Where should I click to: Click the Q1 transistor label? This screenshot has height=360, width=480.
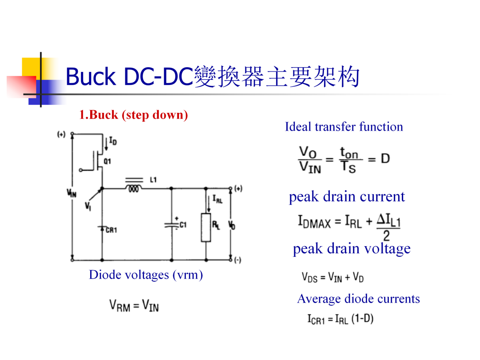107,161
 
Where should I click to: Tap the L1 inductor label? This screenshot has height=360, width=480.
153,180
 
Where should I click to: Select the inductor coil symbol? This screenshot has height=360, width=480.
134,188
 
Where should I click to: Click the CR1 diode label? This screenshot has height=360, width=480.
111,230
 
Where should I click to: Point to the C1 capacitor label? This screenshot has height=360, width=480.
183,225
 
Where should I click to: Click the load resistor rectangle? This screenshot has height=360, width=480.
206,228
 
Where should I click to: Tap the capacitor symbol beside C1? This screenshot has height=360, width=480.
172,225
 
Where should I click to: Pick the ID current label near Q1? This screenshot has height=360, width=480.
113,141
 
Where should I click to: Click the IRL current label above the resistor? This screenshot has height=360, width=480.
217,199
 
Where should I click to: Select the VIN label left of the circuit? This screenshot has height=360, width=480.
72,193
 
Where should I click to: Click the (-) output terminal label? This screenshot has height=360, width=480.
237,260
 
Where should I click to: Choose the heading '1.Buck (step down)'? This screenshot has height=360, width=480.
133,115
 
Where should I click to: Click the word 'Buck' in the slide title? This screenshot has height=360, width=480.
91,76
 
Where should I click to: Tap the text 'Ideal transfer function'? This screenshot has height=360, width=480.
344,127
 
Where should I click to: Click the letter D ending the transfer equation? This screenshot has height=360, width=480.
385,159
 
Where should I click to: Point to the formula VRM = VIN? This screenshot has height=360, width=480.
134,305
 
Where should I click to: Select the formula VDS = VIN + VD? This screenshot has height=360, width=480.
333,277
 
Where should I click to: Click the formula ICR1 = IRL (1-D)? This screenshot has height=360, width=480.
340,319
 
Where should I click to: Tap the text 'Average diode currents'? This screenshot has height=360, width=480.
359,299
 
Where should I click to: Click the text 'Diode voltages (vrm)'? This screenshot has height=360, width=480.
146,275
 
